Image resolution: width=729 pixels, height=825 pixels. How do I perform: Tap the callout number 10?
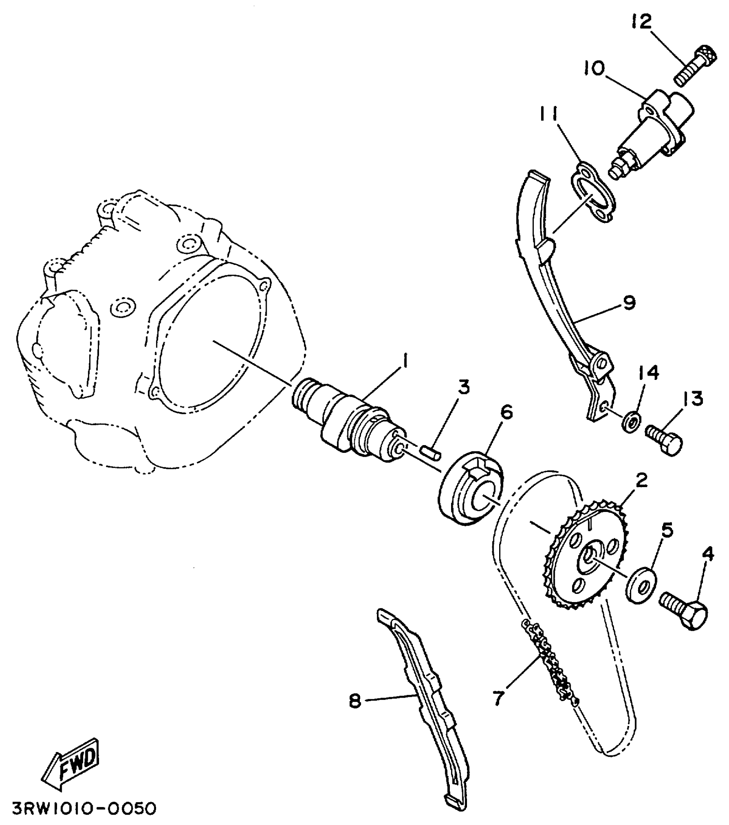(x=594, y=68)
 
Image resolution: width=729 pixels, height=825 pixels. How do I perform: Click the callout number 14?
(x=649, y=373)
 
